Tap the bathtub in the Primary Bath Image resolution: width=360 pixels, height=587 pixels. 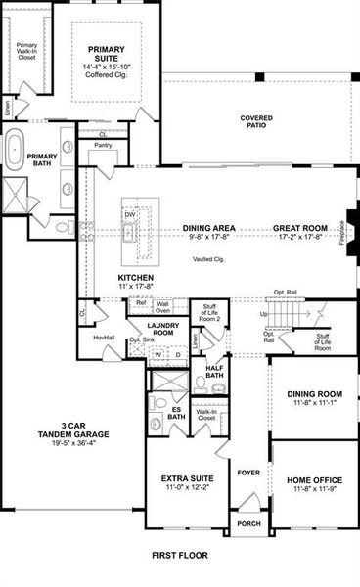(x=16, y=154)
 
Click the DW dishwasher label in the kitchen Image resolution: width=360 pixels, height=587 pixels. (x=129, y=214)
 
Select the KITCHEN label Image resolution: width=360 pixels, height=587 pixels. (x=136, y=278)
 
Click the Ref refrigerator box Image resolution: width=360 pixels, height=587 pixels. (x=141, y=304)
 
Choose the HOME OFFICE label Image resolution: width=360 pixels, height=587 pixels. (x=313, y=479)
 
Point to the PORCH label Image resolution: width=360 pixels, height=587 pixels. (x=248, y=524)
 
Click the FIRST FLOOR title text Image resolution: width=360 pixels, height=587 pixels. (x=179, y=555)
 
